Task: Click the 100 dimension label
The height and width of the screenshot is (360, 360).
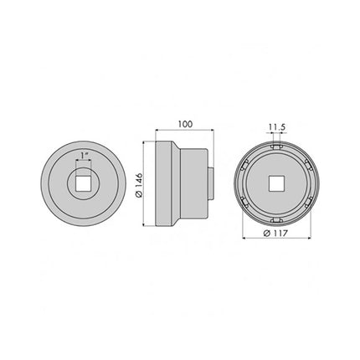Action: coord(185,124)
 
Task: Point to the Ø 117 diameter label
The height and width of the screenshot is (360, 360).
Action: coord(275,234)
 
